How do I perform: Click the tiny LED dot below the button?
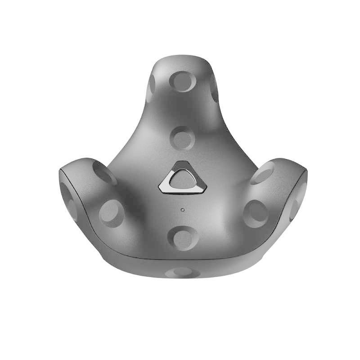point(182,209)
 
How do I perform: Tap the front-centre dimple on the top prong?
point(182,81)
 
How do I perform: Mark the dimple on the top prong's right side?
point(213,86)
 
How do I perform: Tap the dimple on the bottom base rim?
point(182,272)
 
